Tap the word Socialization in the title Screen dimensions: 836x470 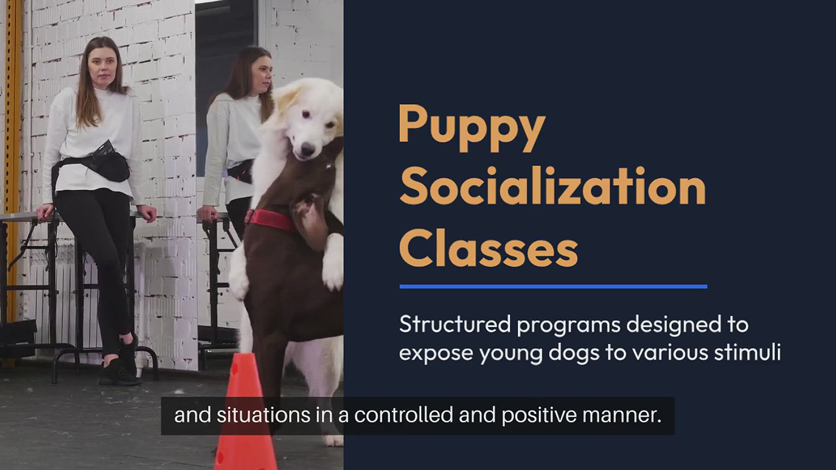point(552,186)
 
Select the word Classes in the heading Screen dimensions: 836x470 point(489,248)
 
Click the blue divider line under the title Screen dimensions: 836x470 point(553,286)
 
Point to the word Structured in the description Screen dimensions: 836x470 point(455,324)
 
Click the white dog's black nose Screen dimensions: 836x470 point(307,150)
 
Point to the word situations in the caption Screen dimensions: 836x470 point(263,415)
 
